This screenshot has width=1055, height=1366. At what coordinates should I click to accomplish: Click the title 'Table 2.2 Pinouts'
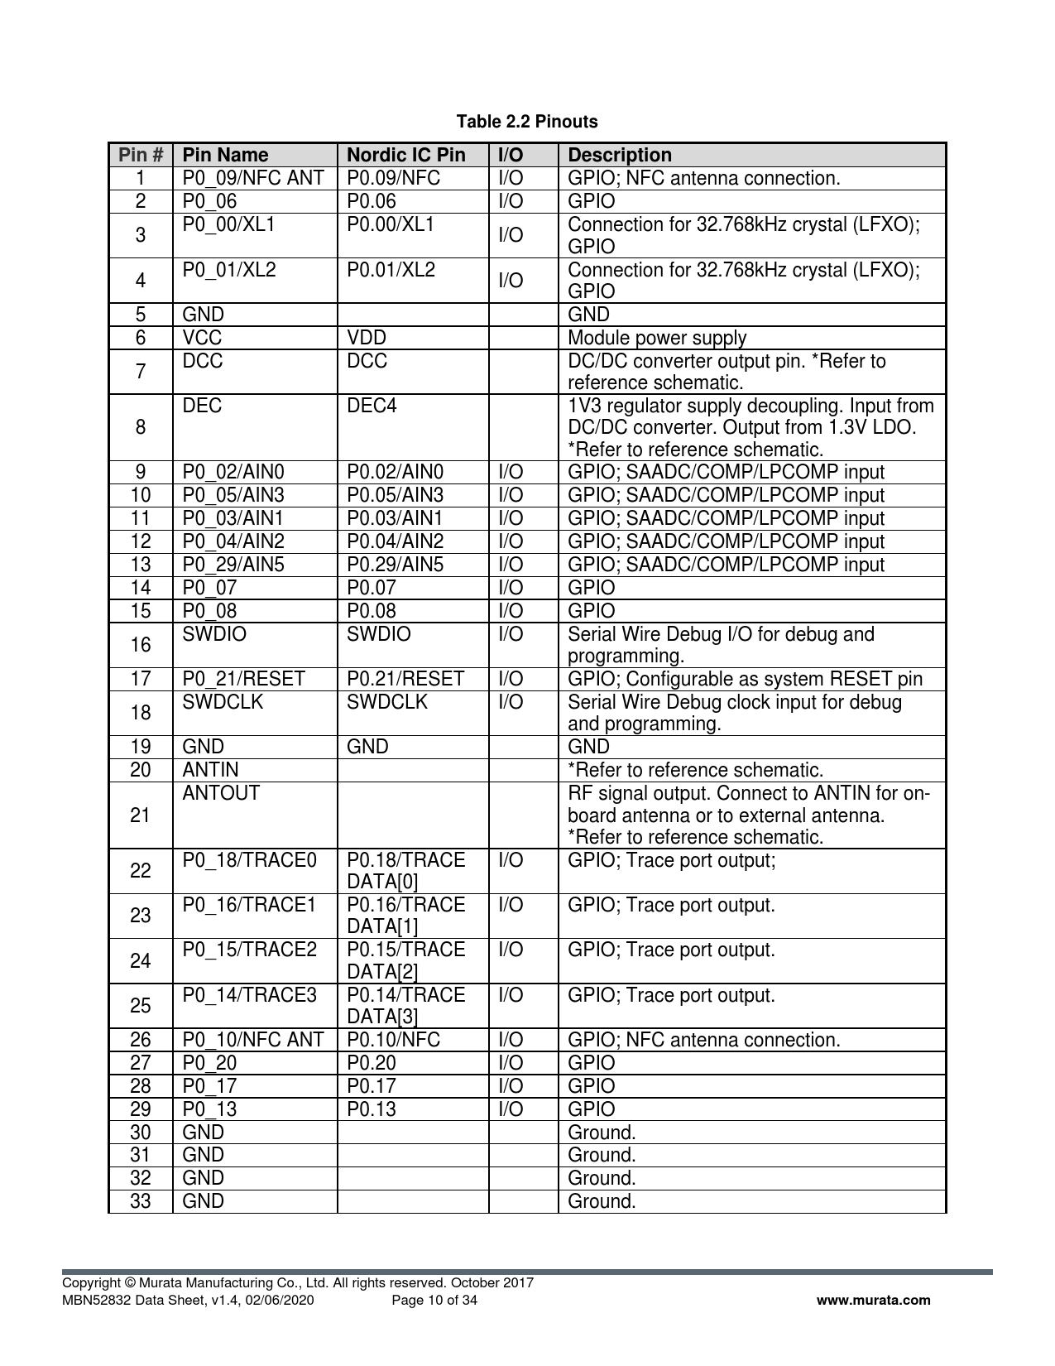[527, 122]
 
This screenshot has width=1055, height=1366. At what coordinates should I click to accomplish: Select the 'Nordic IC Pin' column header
[405, 155]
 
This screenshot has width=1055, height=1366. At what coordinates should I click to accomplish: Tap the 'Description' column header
[620, 155]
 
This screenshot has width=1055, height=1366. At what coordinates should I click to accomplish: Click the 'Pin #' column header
[141, 155]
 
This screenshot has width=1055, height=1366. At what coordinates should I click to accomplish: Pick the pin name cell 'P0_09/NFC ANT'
[252, 178]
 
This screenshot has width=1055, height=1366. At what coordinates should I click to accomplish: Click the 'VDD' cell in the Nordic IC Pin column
[367, 338]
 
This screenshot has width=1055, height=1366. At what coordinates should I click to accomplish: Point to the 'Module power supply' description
[657, 338]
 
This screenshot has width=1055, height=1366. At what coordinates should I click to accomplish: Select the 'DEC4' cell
[372, 406]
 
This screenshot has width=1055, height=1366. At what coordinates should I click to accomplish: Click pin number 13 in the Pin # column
[141, 565]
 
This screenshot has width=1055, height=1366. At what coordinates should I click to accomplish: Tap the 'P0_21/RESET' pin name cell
[243, 679]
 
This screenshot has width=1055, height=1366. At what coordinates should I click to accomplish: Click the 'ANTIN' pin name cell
[210, 770]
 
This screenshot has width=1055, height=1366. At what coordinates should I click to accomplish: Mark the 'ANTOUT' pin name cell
[221, 793]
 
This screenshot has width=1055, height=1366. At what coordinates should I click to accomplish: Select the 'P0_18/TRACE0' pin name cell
[249, 860]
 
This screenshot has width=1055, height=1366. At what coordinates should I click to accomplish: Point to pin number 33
[141, 1201]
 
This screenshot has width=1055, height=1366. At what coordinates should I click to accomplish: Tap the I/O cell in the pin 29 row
[511, 1109]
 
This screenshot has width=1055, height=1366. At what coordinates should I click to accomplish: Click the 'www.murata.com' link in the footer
[873, 1300]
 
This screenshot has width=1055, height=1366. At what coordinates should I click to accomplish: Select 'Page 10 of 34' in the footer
[434, 1300]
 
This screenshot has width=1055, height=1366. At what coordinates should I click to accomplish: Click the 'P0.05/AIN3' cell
[395, 495]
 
